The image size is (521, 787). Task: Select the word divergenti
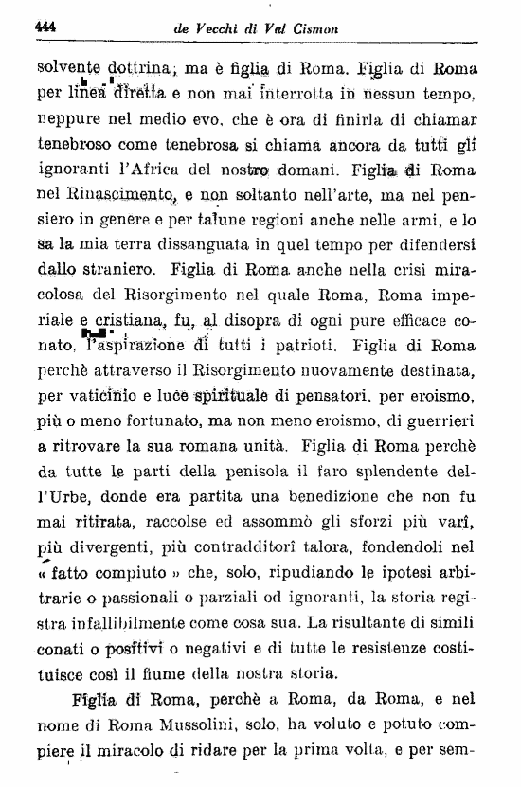pos(119,546)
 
